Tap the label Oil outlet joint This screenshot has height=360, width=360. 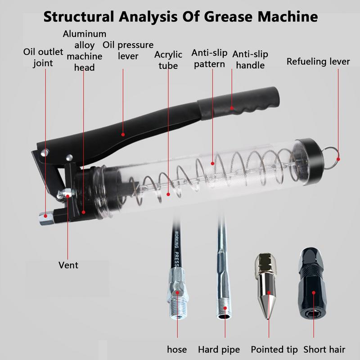(43, 57)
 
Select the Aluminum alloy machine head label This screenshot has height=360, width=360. (85, 50)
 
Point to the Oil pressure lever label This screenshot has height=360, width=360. (128, 50)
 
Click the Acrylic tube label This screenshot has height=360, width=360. (168, 60)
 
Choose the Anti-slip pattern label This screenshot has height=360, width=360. (209, 58)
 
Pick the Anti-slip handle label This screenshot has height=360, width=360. (250, 59)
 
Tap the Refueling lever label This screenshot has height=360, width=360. (318, 62)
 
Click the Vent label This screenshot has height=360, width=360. (68, 265)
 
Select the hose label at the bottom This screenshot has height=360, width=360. (177, 349)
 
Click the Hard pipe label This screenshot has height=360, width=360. (219, 349)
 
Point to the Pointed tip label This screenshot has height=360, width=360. (274, 349)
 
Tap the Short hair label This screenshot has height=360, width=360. (324, 349)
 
